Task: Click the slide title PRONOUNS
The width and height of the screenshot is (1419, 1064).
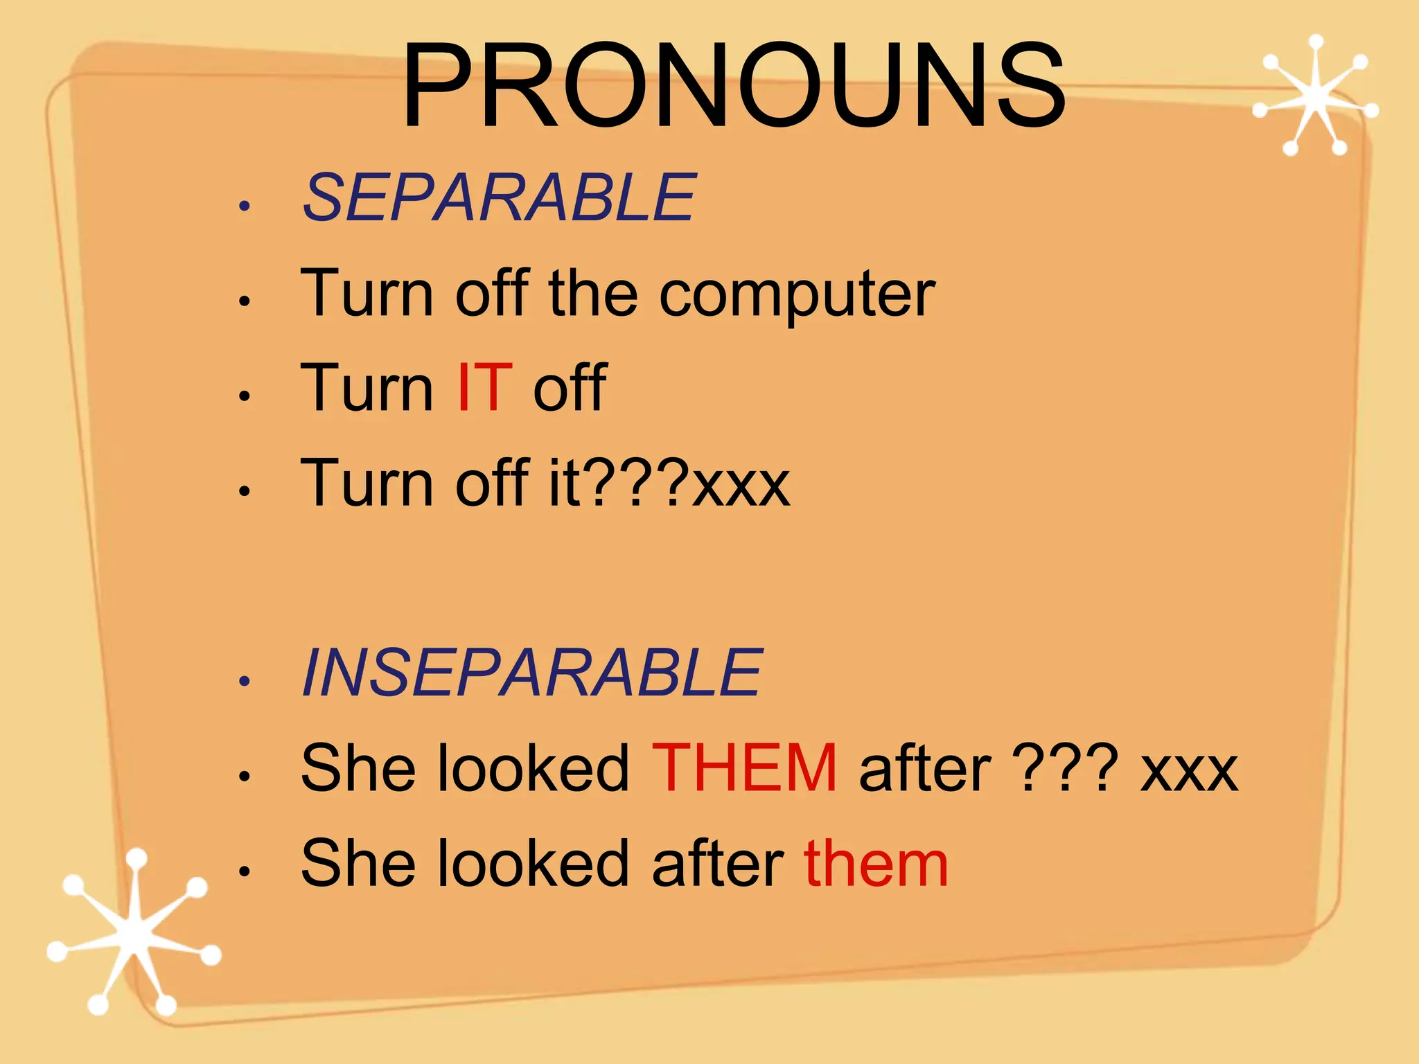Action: pyautogui.click(x=733, y=86)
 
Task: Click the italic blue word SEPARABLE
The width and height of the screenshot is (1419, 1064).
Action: pyautogui.click(x=498, y=199)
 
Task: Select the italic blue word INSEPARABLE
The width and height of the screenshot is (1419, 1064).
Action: pyautogui.click(x=531, y=673)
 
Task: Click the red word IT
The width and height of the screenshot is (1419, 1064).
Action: pyautogui.click(x=484, y=389)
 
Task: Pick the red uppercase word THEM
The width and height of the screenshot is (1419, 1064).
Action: pyautogui.click(x=744, y=768)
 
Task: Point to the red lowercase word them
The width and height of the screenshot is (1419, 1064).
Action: pyautogui.click(x=876, y=864)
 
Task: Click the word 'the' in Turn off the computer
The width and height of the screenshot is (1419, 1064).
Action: pyautogui.click(x=592, y=294)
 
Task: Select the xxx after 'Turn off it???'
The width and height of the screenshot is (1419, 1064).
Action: pyautogui.click(x=741, y=485)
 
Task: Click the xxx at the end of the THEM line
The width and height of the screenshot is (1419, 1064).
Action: pyautogui.click(x=1189, y=771)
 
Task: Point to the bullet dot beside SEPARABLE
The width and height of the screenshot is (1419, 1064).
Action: pyautogui.click(x=243, y=206)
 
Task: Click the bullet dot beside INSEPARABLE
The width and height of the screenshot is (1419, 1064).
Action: pyautogui.click(x=243, y=680)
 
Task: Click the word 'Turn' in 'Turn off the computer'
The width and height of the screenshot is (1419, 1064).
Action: pyautogui.click(x=367, y=294)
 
